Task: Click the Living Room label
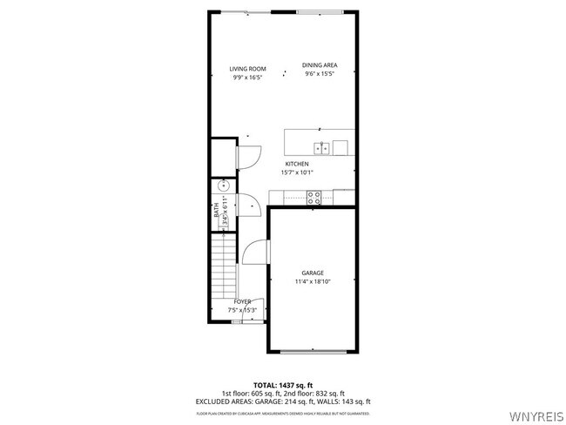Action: [247, 69]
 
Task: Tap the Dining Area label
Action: [320, 65]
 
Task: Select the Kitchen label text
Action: [297, 164]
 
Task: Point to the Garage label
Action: [313, 273]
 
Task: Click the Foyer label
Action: [242, 301]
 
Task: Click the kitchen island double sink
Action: [321, 147]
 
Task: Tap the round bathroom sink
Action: [224, 186]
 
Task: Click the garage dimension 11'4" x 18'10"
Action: [313, 281]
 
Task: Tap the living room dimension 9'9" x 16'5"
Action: [247, 78]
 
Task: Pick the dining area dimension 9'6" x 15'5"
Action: [320, 74]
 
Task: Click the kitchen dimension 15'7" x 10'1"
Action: [297, 172]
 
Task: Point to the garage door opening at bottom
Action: [313, 351]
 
